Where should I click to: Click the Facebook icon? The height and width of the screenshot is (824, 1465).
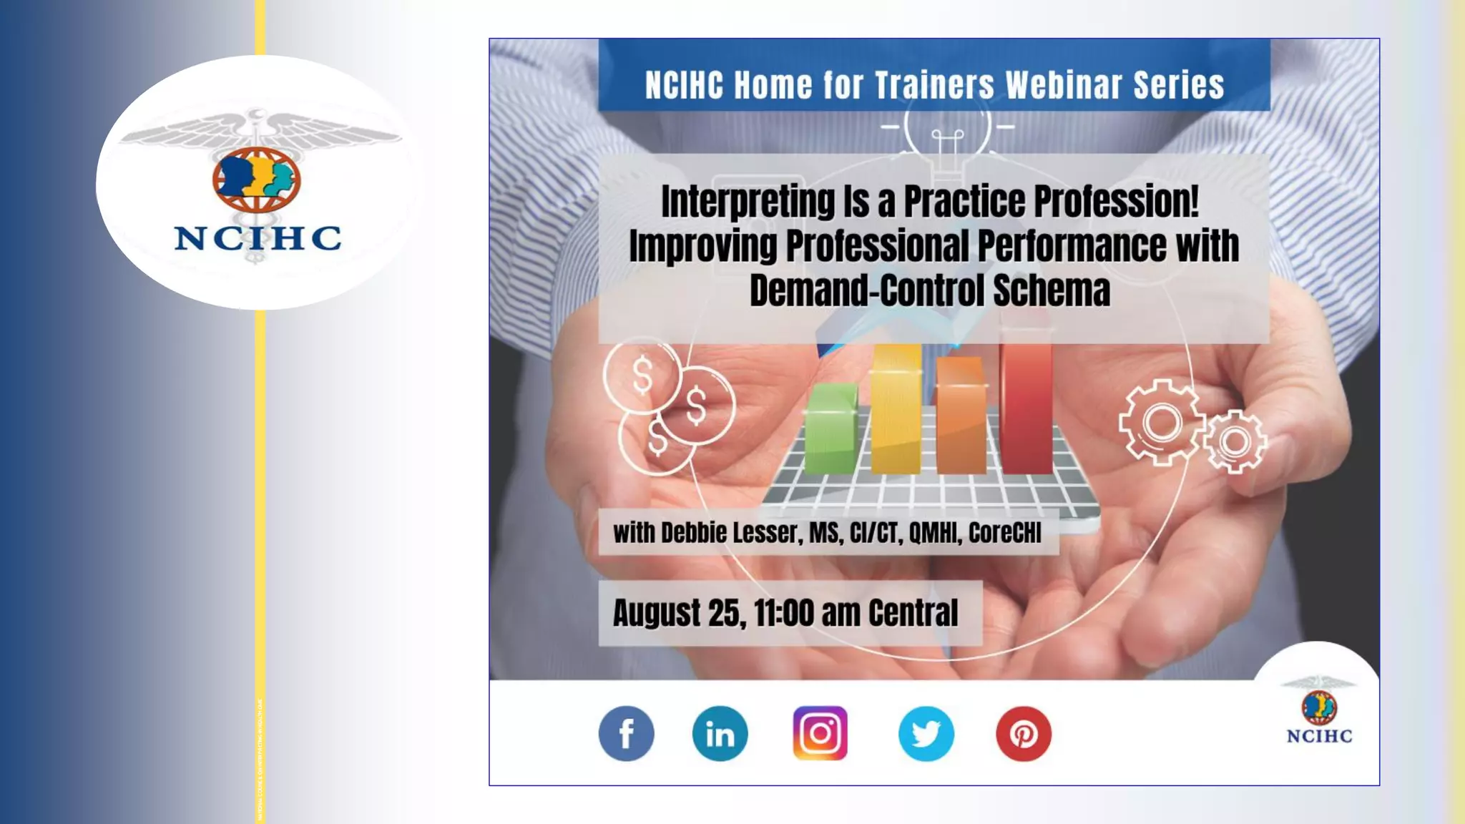(x=626, y=734)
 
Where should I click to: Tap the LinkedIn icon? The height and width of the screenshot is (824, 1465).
(x=720, y=734)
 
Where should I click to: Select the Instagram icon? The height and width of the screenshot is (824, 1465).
(x=820, y=733)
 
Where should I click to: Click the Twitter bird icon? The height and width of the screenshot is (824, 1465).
(x=926, y=734)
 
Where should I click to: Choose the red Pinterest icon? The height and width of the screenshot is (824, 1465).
(x=1023, y=734)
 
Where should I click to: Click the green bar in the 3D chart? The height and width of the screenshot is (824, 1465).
(x=831, y=429)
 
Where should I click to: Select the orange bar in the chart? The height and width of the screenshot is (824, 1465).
(x=960, y=418)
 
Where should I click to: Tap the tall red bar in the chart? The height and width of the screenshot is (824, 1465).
(x=1026, y=408)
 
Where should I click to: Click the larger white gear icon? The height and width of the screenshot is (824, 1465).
(x=1160, y=423)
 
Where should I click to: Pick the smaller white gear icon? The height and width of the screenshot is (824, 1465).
(x=1235, y=442)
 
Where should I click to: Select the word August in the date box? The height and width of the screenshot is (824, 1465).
(x=657, y=613)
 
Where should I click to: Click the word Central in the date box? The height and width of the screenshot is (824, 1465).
(x=913, y=613)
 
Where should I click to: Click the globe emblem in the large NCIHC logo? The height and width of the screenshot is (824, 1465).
(x=256, y=179)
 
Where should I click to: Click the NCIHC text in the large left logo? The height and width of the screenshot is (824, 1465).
(x=258, y=238)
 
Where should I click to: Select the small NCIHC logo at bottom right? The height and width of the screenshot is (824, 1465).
(x=1318, y=712)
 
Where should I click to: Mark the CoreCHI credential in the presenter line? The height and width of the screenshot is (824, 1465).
(x=1004, y=533)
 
